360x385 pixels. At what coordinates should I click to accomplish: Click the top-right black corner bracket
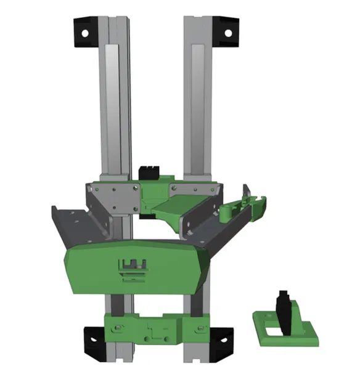[x=225, y=31]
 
